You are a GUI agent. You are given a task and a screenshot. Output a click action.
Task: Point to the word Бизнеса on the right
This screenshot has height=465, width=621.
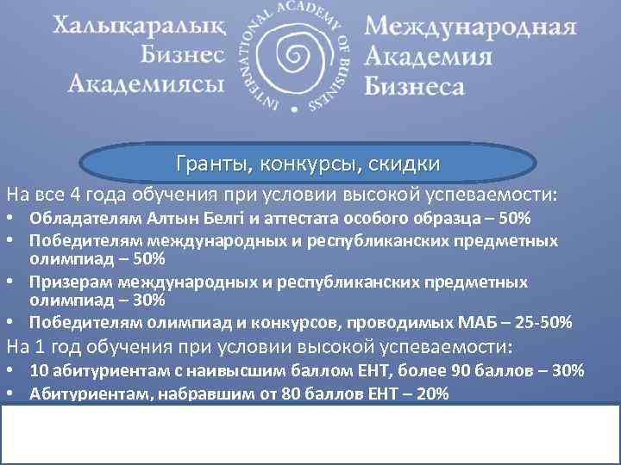tap(415, 84)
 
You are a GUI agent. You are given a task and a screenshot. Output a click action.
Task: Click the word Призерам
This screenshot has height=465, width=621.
tap(67, 282)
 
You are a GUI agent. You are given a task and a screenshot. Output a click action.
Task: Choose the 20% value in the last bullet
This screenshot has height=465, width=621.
tap(430, 394)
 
